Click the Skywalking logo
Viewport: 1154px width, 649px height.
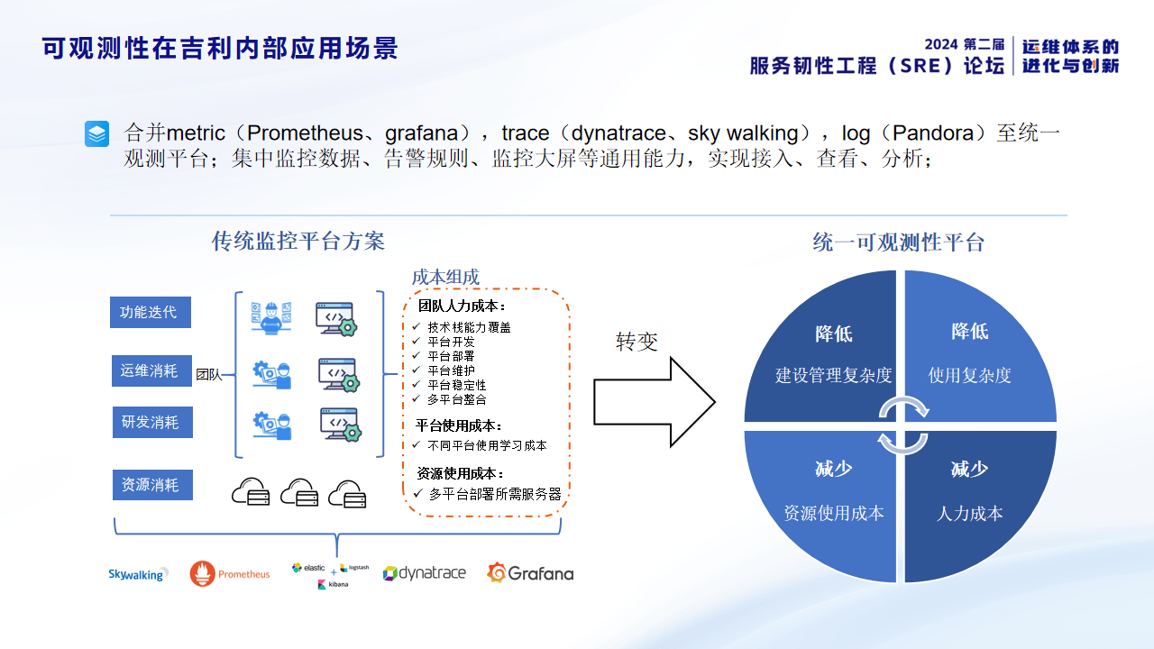pos(138,574)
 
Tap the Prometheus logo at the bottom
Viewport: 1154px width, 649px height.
pos(230,574)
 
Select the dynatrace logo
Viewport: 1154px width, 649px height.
pos(424,573)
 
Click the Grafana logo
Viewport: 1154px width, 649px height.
pos(530,573)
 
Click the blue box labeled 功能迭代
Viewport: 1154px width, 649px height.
pos(151,313)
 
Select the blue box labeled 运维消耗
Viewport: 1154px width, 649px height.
pos(151,370)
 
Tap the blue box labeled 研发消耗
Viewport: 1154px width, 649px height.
pos(151,422)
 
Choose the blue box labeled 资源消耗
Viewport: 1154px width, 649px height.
pos(151,485)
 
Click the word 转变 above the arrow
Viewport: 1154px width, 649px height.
pos(637,342)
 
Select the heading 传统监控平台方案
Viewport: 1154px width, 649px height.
pos(298,242)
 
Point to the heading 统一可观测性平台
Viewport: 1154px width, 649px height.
pos(898,242)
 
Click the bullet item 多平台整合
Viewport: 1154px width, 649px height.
pos(457,399)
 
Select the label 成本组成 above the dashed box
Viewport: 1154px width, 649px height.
pos(445,277)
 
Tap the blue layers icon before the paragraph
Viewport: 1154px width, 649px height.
pos(96,134)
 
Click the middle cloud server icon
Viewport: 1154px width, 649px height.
pos(299,492)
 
